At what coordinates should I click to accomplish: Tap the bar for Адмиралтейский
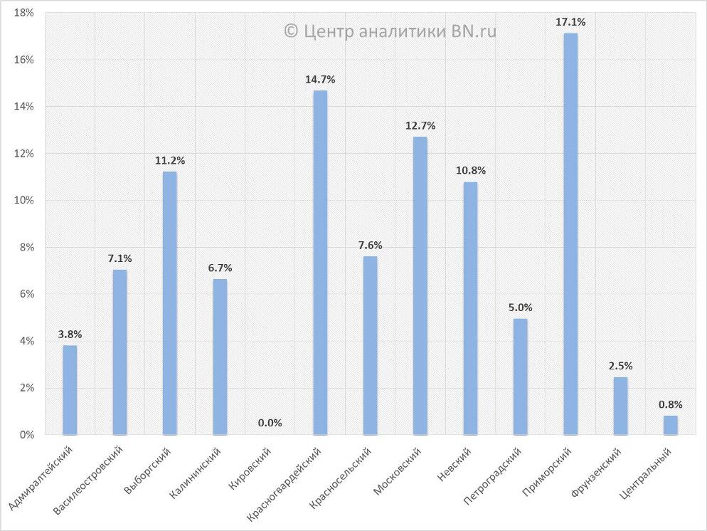pyautogui.click(x=70, y=389)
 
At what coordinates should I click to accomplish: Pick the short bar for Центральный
pyautogui.click(x=671, y=425)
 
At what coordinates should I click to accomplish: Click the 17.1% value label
pyautogui.click(x=570, y=23)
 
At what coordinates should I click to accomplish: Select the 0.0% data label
pyautogui.click(x=270, y=423)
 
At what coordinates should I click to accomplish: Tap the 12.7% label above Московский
pyautogui.click(x=420, y=126)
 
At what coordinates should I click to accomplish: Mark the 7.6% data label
pyautogui.click(x=370, y=246)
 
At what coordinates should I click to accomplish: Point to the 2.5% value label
pyautogui.click(x=620, y=366)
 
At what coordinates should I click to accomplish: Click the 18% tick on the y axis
pyautogui.click(x=24, y=14)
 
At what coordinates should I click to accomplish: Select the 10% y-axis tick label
pyautogui.click(x=24, y=201)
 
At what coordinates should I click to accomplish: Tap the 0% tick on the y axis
pyautogui.click(x=27, y=434)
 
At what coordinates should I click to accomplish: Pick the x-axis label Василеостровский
pyautogui.click(x=90, y=481)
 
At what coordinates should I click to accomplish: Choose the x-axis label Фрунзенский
pyautogui.click(x=597, y=472)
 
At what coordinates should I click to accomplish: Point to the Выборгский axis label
pyautogui.click(x=149, y=471)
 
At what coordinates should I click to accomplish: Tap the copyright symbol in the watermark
pyautogui.click(x=290, y=31)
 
